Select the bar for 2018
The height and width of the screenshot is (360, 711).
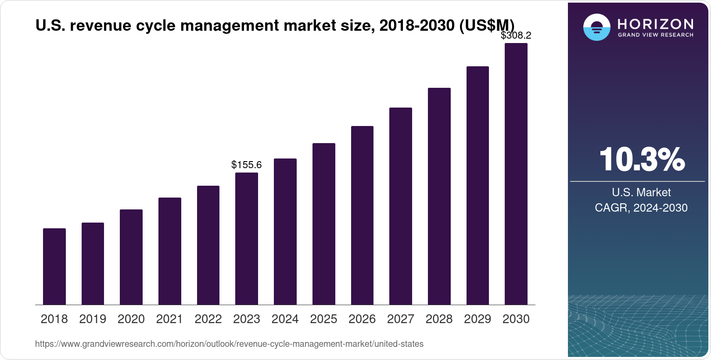coord(54,266)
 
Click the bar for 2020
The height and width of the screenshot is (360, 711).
coord(131,257)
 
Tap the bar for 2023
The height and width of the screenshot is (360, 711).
coord(247,238)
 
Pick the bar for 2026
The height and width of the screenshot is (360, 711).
coord(362,215)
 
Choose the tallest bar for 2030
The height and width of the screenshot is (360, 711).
coord(516,174)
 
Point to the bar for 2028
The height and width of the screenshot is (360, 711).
coord(439,196)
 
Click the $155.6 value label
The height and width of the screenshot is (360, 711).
coord(247,165)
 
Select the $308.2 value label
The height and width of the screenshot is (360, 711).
coord(516,35)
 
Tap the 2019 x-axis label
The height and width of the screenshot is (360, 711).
coord(93,319)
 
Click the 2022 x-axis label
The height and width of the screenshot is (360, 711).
coord(208,319)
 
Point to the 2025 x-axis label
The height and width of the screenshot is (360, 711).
coord(323,319)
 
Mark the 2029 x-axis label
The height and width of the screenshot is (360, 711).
coord(478,319)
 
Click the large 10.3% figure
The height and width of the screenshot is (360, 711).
coord(642,159)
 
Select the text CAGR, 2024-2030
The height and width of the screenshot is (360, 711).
coord(641,208)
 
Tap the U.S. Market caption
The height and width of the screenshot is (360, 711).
coord(641,192)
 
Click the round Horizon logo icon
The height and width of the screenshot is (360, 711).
coord(596,27)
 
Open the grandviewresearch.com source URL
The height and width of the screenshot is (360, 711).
coord(229,344)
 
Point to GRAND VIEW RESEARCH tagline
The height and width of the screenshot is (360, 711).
coord(656,35)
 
